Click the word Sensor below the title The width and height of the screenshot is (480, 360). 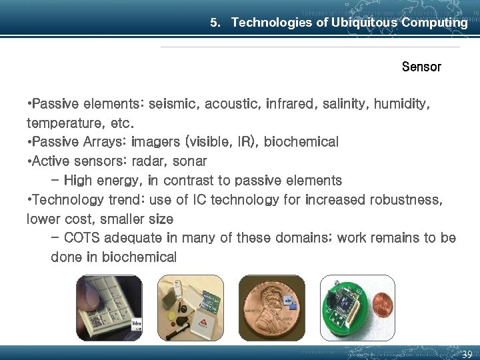(x=421, y=67)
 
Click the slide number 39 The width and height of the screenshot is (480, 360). (x=467, y=354)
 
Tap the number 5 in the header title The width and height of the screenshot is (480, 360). (x=214, y=23)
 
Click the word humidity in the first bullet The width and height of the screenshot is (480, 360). (x=401, y=105)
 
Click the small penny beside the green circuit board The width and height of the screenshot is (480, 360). (x=383, y=307)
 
